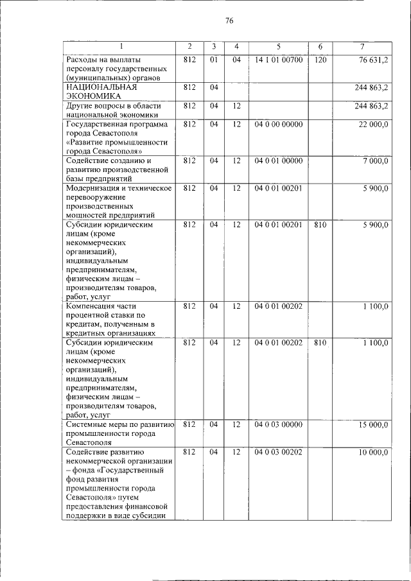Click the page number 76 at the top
229,21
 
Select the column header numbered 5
278,47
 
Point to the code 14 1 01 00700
278,60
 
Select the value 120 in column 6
320,60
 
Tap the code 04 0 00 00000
278,124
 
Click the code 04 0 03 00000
278,425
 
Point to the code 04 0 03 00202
278,453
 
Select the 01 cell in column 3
214,60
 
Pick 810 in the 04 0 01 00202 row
320,343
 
